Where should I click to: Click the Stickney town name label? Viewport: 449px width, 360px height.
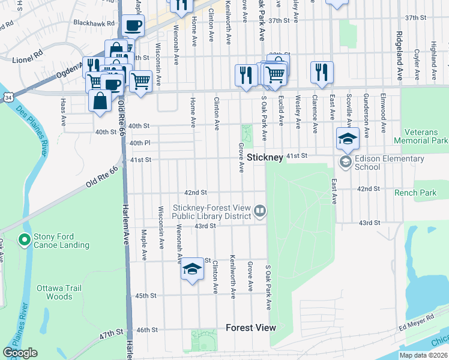pos(265,157)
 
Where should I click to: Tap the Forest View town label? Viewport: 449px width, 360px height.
pos(251,328)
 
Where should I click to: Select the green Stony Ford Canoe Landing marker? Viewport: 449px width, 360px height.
pos(24,241)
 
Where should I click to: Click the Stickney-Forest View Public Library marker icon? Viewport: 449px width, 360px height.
pos(260,211)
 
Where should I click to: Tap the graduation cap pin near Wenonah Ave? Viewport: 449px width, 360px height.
pos(192,270)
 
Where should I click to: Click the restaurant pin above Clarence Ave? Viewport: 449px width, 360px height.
pos(322,71)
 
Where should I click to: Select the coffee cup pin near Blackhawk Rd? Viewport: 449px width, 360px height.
pos(133,26)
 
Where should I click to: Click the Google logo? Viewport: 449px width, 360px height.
pos(20,353)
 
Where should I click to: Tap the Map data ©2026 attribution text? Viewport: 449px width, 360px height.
pos(423,355)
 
